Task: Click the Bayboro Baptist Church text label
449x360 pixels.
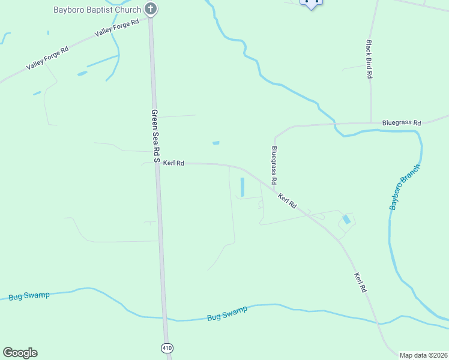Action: [97, 10]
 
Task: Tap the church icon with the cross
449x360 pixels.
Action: [151, 9]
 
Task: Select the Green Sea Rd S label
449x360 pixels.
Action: [155, 136]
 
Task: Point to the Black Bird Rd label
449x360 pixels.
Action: [370, 59]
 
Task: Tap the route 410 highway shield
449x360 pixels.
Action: [166, 348]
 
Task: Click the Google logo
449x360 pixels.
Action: [20, 353]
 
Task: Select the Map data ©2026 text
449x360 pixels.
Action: [423, 355]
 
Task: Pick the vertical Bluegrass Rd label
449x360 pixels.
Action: [274, 165]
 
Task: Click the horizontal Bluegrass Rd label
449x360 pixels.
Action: [402, 122]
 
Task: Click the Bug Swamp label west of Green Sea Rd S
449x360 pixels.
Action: [29, 296]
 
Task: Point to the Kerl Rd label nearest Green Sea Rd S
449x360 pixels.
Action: [173, 163]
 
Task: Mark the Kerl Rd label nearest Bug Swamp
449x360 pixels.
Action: [360, 283]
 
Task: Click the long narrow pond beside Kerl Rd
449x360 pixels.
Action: [243, 187]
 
